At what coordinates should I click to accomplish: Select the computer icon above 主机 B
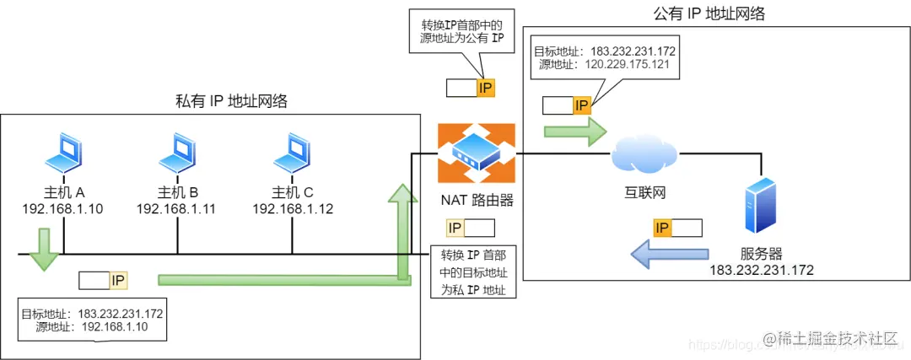tap(177, 152)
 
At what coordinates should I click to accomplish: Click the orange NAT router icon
tap(477, 153)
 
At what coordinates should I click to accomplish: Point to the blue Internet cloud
tap(642, 155)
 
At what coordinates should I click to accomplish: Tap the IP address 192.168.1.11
tap(177, 208)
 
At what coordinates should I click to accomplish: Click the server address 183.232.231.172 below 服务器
tap(761, 270)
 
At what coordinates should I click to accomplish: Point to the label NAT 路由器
tap(477, 201)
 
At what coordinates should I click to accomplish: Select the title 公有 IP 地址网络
tap(714, 14)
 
